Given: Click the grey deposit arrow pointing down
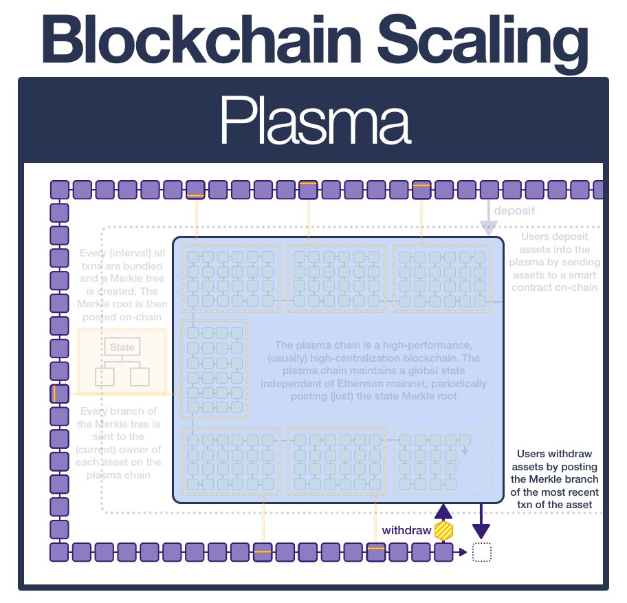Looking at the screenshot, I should pos(488,223).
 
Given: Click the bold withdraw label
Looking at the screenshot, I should pos(406,530).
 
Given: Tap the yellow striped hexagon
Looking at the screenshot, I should pos(445,531).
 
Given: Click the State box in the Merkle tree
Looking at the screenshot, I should pos(122,347).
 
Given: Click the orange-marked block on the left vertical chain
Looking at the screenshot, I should pos(60,394).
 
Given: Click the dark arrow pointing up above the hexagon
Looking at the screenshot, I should pos(445,511).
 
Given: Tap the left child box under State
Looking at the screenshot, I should pos(104,376).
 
